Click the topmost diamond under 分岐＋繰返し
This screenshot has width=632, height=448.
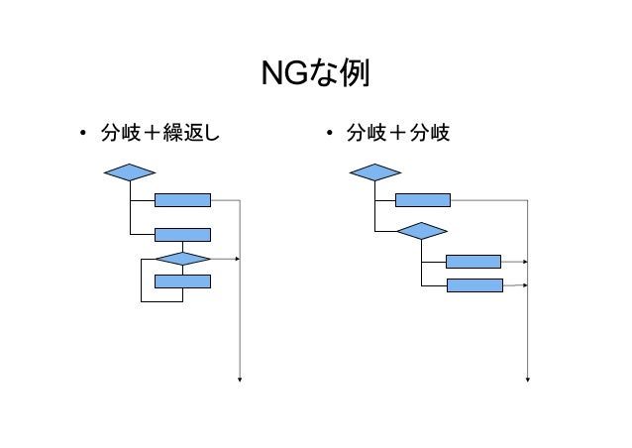(130, 172)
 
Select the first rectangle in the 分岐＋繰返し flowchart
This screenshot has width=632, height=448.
(183, 199)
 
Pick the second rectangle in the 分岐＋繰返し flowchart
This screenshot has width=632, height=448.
(183, 235)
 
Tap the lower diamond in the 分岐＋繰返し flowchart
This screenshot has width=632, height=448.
(183, 259)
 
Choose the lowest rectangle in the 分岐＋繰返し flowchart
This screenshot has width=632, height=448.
(183, 280)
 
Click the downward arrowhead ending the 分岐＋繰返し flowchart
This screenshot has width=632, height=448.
(240, 378)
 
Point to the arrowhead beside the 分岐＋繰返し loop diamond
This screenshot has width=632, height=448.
(238, 259)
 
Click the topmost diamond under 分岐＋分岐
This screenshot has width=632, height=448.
(374, 172)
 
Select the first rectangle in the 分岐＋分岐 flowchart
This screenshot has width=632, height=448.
(423, 199)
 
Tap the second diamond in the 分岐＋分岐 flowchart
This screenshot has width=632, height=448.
(421, 231)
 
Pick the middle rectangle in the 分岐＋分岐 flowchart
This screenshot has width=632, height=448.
(474, 262)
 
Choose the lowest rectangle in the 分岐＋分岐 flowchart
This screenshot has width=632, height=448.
(474, 285)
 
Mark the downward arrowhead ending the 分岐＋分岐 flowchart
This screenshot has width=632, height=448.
(528, 378)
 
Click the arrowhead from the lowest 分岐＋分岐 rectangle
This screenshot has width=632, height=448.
(525, 285)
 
